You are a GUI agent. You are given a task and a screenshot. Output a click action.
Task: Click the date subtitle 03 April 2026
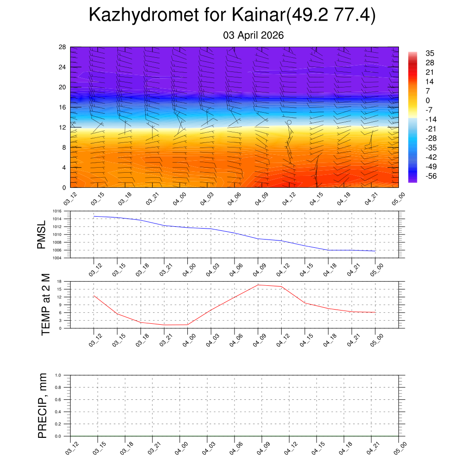point(253,35)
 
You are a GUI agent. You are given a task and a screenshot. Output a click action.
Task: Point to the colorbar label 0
point(427,100)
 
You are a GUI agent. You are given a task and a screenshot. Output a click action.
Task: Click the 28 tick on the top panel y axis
point(62,47)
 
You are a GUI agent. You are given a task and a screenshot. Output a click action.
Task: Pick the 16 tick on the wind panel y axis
point(62,107)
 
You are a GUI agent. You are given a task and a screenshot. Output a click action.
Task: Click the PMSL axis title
point(42,234)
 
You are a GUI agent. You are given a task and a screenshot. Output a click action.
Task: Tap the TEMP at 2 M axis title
point(45,305)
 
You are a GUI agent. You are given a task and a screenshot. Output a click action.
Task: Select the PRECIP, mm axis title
point(43,405)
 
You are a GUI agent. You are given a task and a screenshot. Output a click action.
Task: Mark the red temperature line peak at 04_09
point(258,285)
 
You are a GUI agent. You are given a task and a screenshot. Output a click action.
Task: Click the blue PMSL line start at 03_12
point(94,216)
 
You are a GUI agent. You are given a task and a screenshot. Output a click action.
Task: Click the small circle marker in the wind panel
point(289,122)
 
